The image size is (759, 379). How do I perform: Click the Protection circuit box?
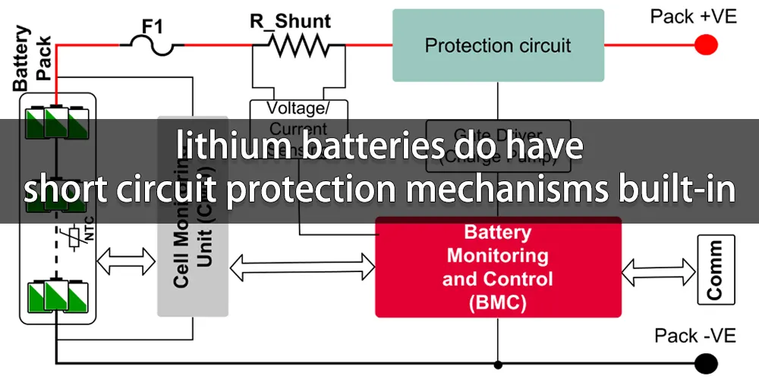click(x=498, y=45)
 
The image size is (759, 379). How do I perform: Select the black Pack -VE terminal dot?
click(x=707, y=362)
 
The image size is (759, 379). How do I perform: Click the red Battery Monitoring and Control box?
click(x=498, y=267)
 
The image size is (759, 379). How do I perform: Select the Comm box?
click(x=715, y=268)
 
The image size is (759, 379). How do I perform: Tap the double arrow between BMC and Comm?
click(x=659, y=268)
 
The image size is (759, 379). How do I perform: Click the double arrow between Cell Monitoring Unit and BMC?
click(x=301, y=265)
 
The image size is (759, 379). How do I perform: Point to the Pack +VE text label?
click(x=693, y=17)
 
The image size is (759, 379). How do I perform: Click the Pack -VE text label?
click(x=693, y=337)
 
